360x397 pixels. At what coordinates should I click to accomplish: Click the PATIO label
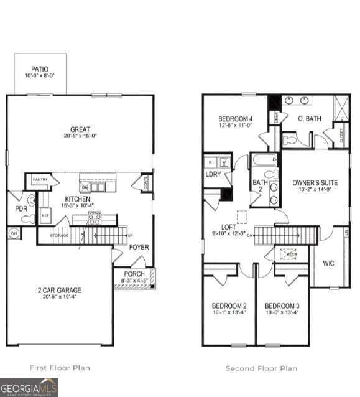tap(40, 70)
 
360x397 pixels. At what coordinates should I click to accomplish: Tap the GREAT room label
tap(80, 129)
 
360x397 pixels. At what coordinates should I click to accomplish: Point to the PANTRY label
tap(40, 179)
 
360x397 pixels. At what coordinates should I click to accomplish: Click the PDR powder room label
tap(21, 208)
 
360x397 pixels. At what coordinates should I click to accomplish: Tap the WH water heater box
tap(13, 233)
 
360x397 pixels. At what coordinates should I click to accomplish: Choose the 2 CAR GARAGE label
tap(60, 290)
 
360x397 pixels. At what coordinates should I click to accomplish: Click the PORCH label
tap(134, 274)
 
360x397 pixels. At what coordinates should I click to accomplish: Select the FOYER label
tap(139, 247)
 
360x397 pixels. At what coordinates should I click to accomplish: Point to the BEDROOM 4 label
tap(234, 119)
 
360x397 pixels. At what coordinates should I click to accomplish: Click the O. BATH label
tap(309, 118)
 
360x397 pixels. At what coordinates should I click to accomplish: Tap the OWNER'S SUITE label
tap(315, 183)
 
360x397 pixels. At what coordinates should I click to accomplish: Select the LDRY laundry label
tap(213, 174)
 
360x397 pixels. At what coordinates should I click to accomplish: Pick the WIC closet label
tap(328, 263)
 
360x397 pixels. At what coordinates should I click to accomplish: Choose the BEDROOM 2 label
tap(229, 306)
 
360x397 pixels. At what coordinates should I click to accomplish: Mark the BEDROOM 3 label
tap(282, 306)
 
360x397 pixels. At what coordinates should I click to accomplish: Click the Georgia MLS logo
tap(29, 386)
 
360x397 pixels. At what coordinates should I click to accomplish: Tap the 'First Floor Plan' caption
tap(60, 368)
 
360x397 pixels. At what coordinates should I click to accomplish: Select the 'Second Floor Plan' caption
tap(261, 368)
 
